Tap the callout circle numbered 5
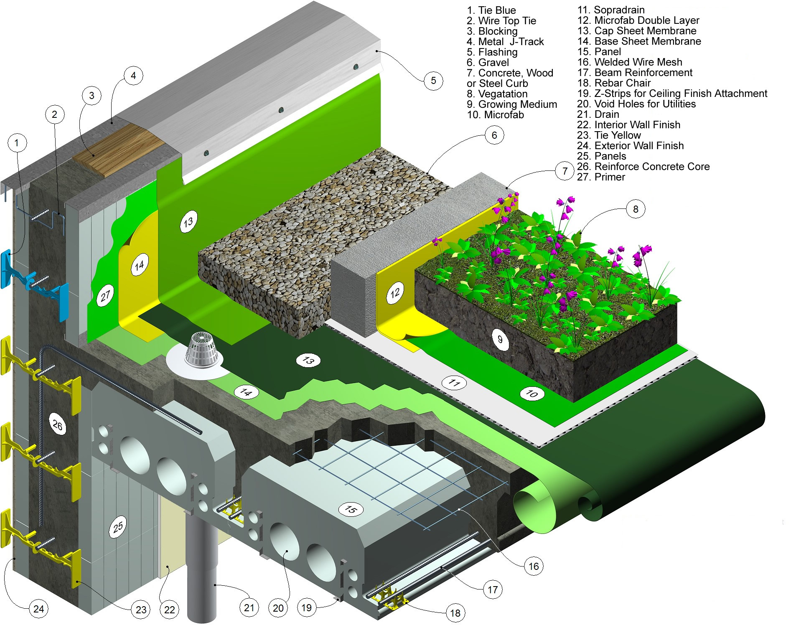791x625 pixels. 433,81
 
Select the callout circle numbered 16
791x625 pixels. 534,567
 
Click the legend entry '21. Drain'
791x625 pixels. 598,114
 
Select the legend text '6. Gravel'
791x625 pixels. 488,63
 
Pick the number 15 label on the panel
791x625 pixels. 351,509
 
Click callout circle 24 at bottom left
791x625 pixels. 38,609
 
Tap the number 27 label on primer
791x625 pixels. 105,295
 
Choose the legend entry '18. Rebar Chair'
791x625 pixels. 614,83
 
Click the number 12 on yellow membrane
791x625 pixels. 395,292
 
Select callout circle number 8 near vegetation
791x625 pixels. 636,209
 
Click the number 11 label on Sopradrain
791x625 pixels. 454,382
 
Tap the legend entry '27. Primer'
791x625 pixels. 601,177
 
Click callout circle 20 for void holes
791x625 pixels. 278,608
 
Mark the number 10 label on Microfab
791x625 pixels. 532,393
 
